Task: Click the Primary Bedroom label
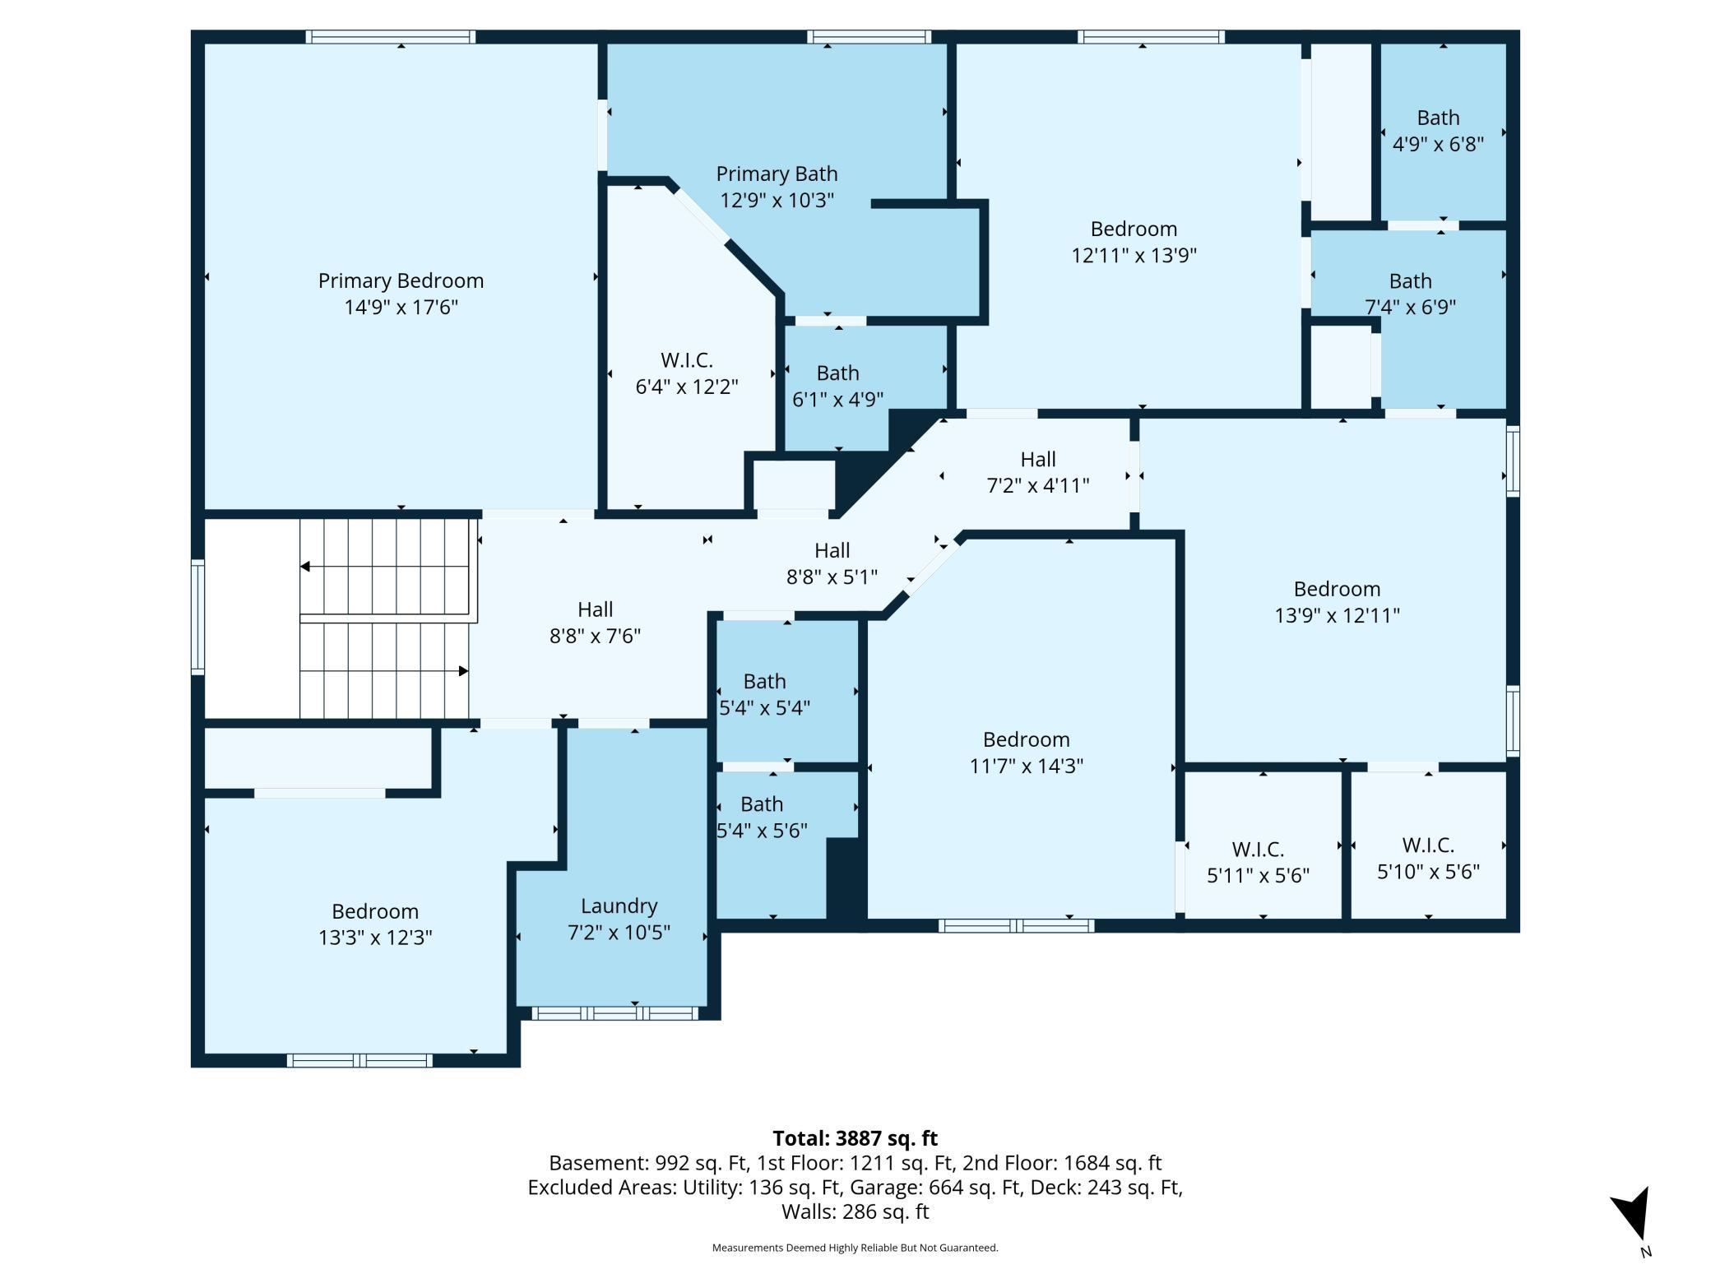(x=401, y=280)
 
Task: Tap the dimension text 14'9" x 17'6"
(x=401, y=307)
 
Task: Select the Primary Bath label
(x=777, y=174)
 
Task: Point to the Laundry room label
(x=619, y=906)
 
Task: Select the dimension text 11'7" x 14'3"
(x=1026, y=766)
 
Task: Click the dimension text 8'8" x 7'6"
(x=595, y=636)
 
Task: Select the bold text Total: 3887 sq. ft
(x=855, y=1138)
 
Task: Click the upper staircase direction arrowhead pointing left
(x=304, y=567)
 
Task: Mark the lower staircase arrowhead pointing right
(x=464, y=671)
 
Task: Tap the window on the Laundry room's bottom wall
(x=614, y=1013)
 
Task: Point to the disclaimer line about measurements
(x=855, y=1248)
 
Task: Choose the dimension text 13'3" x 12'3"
(x=375, y=938)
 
